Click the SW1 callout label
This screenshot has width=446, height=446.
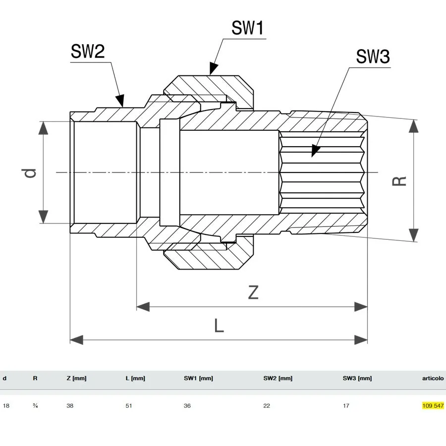[247, 28]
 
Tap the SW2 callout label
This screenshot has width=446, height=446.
[88, 51]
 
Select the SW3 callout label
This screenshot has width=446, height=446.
[373, 56]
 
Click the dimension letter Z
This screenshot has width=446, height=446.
[253, 292]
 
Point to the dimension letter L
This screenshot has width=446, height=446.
[219, 326]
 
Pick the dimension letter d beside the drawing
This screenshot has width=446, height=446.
[30, 173]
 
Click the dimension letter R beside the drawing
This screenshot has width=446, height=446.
[399, 181]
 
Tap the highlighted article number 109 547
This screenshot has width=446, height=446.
[433, 405]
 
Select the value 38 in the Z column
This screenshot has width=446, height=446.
[70, 405]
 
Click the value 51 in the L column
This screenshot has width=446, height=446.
[129, 405]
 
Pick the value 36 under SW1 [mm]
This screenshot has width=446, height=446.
[187, 405]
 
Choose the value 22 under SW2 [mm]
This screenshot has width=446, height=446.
[267, 405]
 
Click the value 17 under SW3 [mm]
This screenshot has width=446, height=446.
[346, 405]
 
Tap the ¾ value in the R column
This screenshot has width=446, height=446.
[35, 405]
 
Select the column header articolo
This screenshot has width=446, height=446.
[433, 378]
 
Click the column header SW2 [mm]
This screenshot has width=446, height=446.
[278, 378]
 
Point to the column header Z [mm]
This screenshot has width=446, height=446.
[76, 378]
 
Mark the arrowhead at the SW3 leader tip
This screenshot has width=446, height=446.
[315, 151]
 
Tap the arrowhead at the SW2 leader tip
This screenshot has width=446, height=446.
[120, 101]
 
